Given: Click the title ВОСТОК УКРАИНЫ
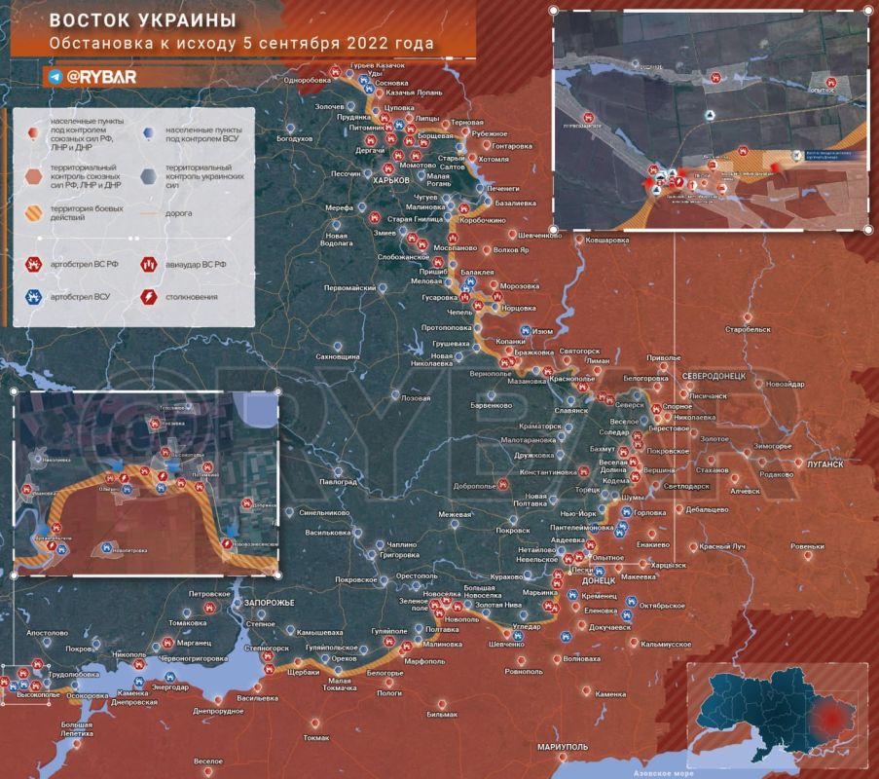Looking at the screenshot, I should (x=142, y=20).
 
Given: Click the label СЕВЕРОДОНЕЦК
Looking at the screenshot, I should (x=714, y=376).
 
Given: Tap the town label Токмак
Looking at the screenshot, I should (x=315, y=737).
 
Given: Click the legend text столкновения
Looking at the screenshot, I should (x=192, y=296).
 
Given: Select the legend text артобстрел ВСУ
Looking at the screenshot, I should (x=81, y=296).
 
